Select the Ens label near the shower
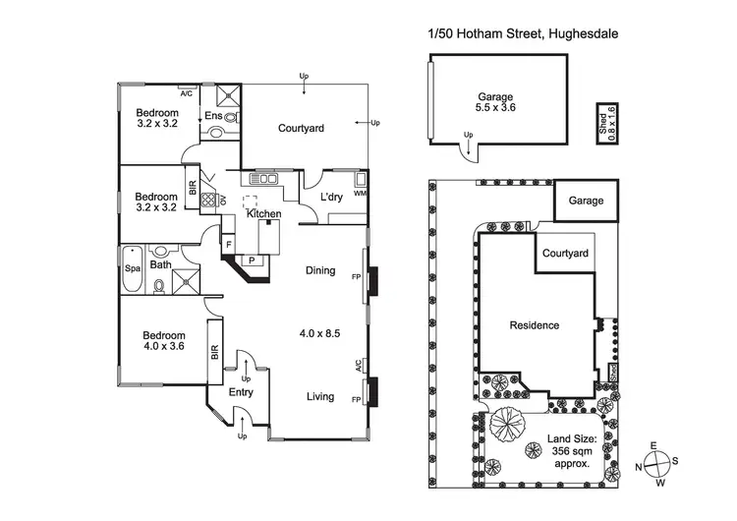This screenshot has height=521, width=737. coord(213,116)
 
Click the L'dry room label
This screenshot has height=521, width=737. coord(331,198)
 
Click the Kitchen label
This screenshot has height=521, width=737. coord(264,213)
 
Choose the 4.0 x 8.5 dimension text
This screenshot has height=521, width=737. coord(319,333)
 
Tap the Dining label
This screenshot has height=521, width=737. coord(320,270)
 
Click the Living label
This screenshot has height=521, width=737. coord(319,397)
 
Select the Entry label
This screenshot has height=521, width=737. coord(241,392)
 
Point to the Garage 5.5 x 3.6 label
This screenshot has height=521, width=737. coord(495,102)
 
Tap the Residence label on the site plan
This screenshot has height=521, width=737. coord(535,325)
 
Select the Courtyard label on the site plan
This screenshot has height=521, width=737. coord(565,254)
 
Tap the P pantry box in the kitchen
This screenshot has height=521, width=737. coord(251,260)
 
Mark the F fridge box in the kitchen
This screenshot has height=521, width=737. coord(228,242)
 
